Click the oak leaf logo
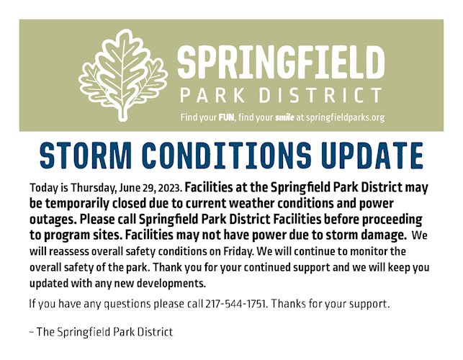[122, 76]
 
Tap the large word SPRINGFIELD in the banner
[281, 63]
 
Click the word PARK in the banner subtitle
[212, 95]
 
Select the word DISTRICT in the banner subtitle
[320, 95]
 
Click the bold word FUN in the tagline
[226, 117]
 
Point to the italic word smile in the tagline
[284, 117]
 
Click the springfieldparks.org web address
[345, 118]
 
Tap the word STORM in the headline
[86, 156]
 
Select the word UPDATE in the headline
[372, 156]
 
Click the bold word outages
[53, 220]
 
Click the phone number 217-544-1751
[237, 304]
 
